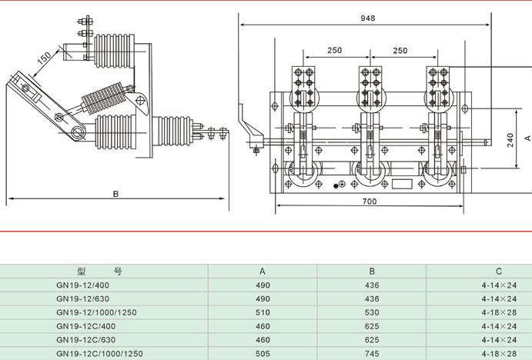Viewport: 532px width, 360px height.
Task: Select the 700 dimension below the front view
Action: (x=370, y=202)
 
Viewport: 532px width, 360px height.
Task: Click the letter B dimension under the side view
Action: (x=116, y=194)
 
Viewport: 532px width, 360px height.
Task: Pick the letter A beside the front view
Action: (x=527, y=138)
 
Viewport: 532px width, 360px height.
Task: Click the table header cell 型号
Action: (x=99, y=272)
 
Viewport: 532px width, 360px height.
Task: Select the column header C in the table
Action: (x=499, y=272)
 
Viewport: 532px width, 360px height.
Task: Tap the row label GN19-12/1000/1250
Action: (x=97, y=312)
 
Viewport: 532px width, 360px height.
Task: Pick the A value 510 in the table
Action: (x=263, y=312)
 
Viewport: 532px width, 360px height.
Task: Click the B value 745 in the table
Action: (x=372, y=353)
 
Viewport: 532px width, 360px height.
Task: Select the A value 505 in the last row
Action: (x=263, y=353)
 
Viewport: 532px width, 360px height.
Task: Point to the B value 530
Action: (x=372, y=312)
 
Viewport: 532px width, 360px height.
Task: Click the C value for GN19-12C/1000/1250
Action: (x=499, y=353)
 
